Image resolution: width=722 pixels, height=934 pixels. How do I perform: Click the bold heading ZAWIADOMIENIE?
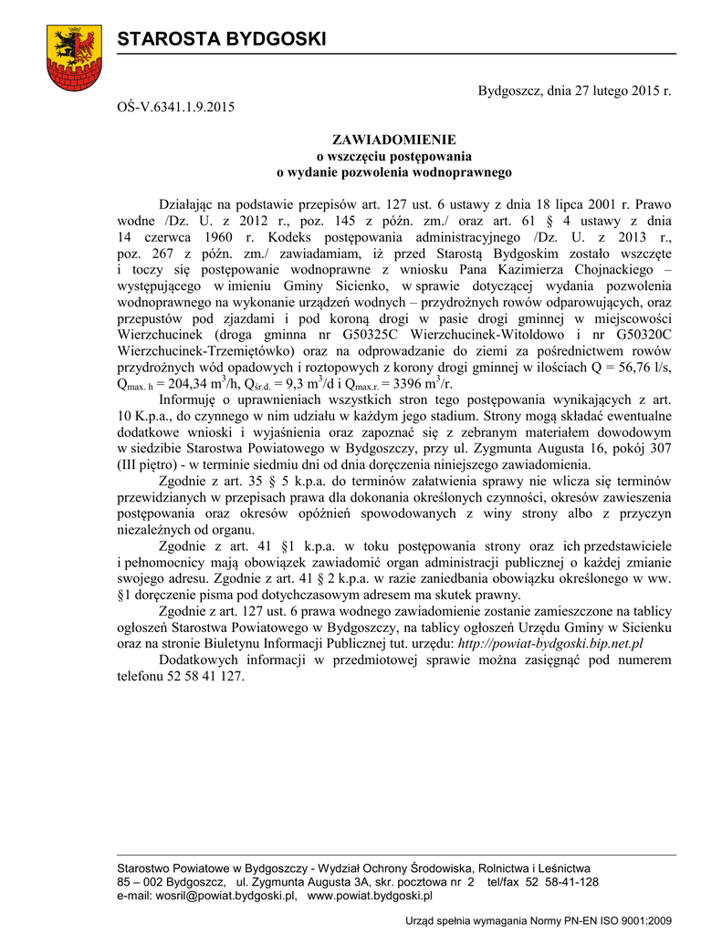(393, 140)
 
